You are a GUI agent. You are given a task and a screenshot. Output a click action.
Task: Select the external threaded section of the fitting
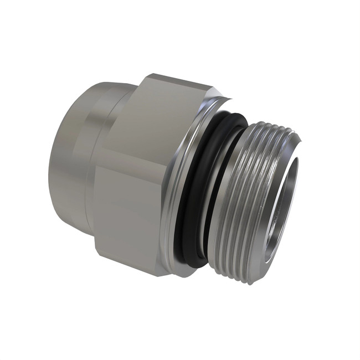click(x=244, y=210)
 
